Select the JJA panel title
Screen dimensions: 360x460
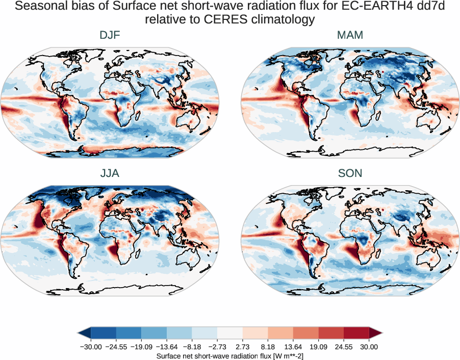click(110, 173)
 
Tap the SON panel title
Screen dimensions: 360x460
click(350, 173)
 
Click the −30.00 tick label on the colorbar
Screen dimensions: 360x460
click(91, 347)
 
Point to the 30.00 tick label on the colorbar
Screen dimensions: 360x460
click(369, 347)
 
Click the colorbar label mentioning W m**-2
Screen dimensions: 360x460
click(230, 355)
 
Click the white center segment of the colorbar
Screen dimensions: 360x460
click(230, 333)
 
